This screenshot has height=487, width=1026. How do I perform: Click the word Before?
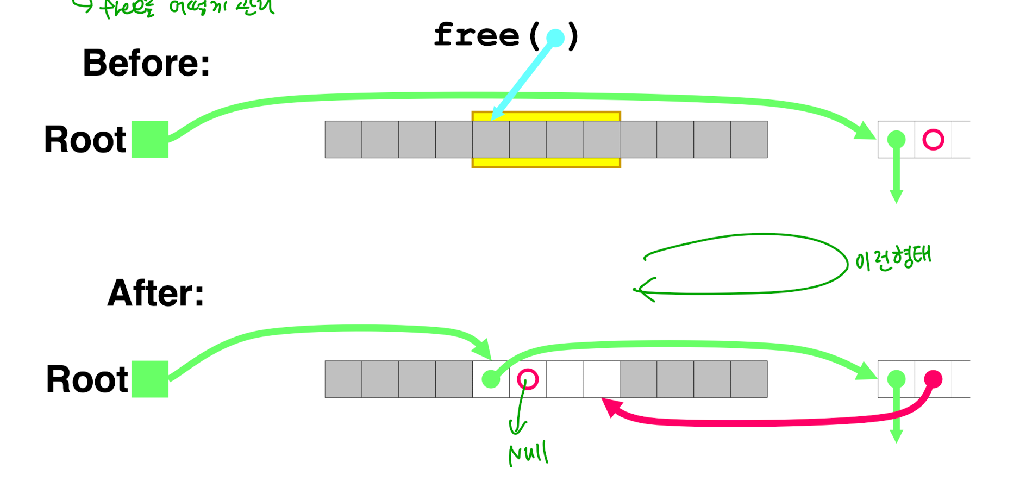[146, 63]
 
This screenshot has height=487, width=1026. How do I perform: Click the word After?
[155, 294]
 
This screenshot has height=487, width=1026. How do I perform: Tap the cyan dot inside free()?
[555, 38]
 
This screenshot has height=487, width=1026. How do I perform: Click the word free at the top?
[477, 36]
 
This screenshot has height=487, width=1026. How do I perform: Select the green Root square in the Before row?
[150, 140]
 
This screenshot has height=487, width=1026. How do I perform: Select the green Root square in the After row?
[150, 379]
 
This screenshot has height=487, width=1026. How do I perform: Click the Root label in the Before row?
[85, 140]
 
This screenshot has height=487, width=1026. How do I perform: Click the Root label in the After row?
[87, 379]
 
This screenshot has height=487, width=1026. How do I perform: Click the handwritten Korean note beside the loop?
[893, 258]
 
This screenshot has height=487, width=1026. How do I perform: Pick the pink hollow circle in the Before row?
[933, 140]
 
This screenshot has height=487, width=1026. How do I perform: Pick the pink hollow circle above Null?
[528, 379]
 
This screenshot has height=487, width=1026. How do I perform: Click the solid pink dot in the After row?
[933, 378]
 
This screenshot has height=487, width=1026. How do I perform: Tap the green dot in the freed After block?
[491, 379]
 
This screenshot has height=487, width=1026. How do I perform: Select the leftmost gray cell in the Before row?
[343, 140]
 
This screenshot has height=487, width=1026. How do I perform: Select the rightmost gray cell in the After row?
[749, 379]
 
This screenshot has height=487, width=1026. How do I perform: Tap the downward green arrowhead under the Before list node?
[896, 197]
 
